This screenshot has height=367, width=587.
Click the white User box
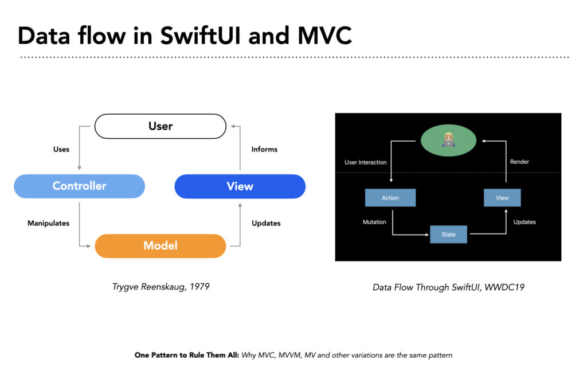coord(161,126)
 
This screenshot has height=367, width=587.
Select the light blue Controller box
coord(79,186)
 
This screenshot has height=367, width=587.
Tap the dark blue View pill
coord(240,186)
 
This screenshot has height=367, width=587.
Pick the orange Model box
coord(161,245)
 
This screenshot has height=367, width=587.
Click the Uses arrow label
coord(61,150)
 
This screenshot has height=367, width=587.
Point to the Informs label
coord(264,150)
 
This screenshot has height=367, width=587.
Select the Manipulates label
coord(48,223)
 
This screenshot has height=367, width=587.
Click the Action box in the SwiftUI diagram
coord(390,198)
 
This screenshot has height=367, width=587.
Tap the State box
coord(448,235)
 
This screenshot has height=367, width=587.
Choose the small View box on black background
coord(502,198)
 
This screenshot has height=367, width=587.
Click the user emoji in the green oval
coord(448,140)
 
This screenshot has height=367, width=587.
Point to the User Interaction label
coord(365,162)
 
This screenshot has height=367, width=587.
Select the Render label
coord(519,162)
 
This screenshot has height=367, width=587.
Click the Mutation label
coord(374,222)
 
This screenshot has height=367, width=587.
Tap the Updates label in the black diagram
coord(525,222)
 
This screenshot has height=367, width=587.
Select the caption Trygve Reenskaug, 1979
coord(161,287)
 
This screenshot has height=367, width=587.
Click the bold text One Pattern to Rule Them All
coord(187,355)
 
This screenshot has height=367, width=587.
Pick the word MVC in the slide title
coord(324,36)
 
